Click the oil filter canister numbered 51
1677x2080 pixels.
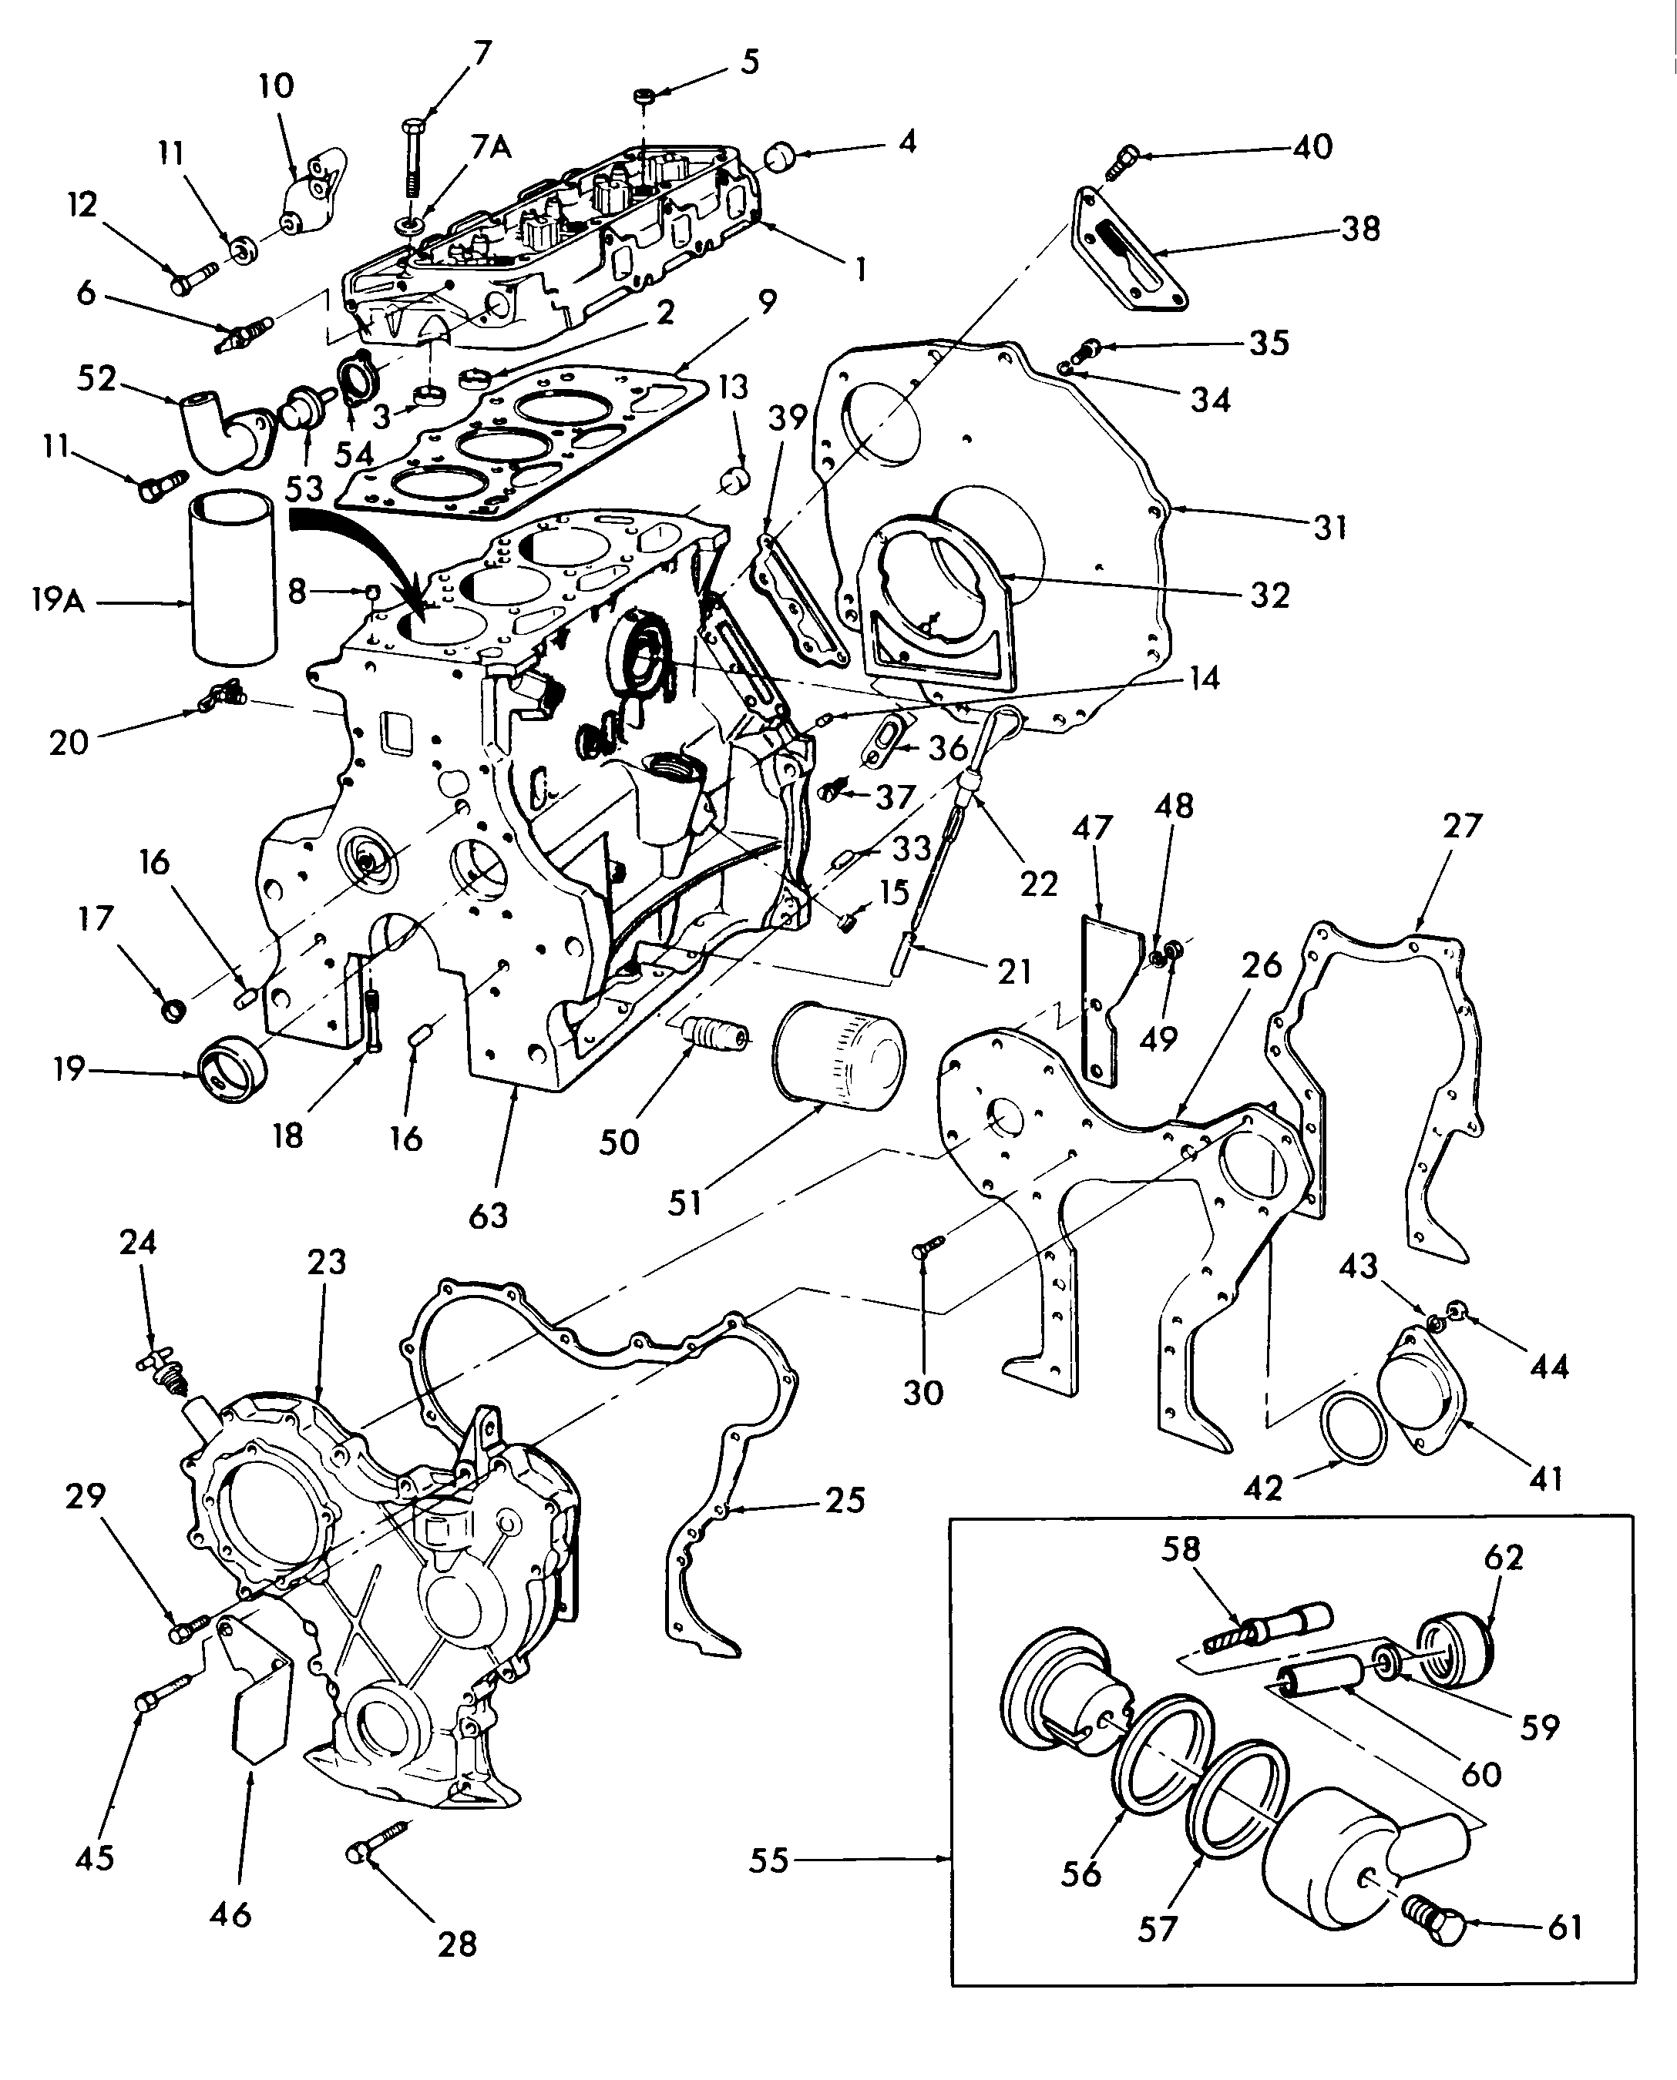point(838,1056)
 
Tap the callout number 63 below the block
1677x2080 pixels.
point(488,1215)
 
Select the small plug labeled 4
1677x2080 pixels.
point(781,155)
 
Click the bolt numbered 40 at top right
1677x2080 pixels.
point(1123,160)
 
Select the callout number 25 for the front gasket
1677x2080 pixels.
point(845,1500)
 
